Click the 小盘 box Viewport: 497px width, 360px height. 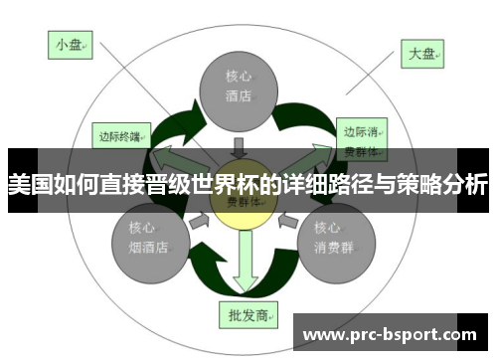pos(72,45)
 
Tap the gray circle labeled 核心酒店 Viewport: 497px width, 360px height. pos(237,88)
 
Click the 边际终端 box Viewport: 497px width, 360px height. pos(122,134)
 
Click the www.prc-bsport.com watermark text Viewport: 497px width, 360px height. pos(394,333)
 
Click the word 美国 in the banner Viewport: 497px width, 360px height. pos(29,185)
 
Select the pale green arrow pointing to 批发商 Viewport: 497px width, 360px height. pos(244,269)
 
